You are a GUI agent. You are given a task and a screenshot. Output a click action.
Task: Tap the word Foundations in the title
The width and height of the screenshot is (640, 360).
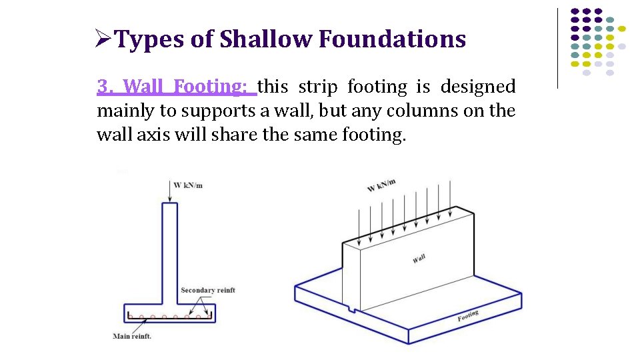point(392,40)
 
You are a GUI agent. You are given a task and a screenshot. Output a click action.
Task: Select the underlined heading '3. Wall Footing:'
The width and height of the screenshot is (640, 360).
point(175,87)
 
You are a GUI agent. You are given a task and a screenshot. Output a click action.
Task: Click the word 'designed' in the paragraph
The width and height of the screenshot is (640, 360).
point(479,87)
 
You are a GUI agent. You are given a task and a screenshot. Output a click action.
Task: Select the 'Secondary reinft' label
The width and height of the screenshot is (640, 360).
point(207,290)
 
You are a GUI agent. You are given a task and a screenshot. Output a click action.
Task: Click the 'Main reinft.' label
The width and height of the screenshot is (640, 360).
point(132,336)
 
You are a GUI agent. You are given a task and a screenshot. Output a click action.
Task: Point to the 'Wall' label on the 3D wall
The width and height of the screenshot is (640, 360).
point(419,259)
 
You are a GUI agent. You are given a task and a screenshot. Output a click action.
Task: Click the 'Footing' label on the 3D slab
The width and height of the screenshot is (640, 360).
point(468,315)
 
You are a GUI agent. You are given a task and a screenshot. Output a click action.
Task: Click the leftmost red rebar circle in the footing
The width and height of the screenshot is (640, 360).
point(131,317)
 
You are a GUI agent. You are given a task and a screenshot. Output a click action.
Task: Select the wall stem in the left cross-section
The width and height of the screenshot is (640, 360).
point(170,253)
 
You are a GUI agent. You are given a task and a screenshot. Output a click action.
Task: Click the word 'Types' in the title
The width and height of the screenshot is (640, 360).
point(149,40)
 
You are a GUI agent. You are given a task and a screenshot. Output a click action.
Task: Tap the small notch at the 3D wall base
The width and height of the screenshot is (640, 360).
point(351,309)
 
